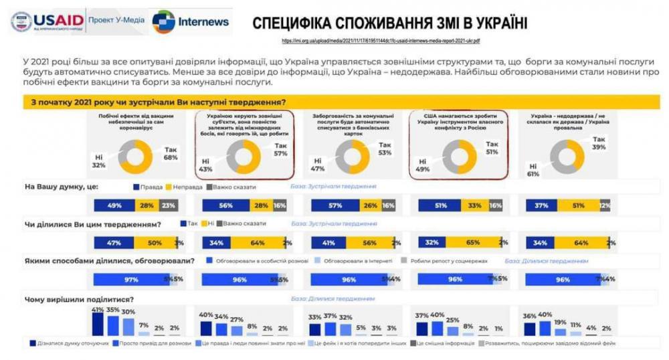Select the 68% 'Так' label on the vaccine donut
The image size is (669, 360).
(x=171, y=153)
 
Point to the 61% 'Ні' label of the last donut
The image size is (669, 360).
(x=533, y=171)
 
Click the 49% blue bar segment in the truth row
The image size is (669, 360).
(x=114, y=206)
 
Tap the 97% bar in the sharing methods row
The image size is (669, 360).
(x=132, y=280)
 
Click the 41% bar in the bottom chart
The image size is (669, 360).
(x=98, y=324)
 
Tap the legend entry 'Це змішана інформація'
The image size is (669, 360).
(x=442, y=343)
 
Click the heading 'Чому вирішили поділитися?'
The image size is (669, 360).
(x=78, y=299)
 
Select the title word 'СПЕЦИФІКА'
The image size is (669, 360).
(x=294, y=24)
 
